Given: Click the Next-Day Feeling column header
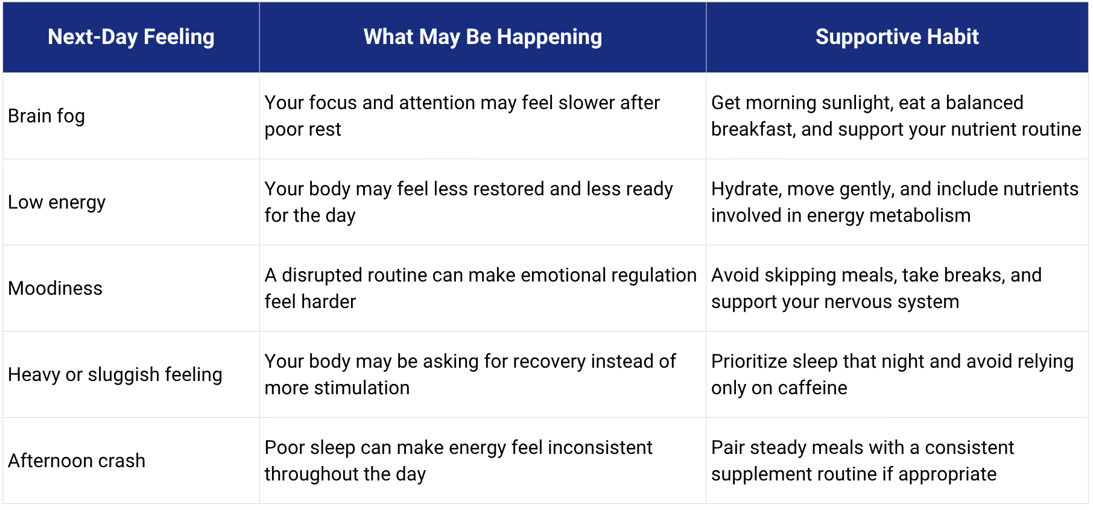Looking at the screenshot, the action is (131, 37).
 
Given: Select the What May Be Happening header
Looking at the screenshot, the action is (483, 37).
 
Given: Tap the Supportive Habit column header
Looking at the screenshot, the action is (897, 37).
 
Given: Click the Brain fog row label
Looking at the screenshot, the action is (46, 116).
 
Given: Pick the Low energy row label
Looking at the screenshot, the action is (57, 203).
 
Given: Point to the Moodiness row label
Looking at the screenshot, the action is (55, 288).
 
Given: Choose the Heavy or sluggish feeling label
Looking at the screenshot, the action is (115, 375).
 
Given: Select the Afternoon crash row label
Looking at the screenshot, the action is (77, 461).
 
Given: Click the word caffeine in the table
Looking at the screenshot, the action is (813, 388).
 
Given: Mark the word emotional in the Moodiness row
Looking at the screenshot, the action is (563, 275).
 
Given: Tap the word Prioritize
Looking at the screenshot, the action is (749, 362).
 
